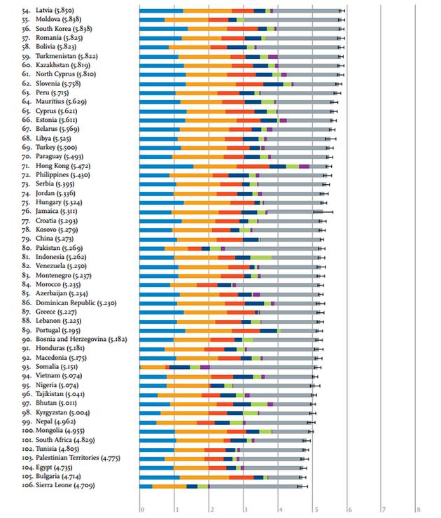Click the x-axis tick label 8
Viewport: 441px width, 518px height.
pos(418,509)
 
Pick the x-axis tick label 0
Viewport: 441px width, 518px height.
pos(142,509)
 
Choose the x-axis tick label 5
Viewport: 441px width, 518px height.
pos(315,509)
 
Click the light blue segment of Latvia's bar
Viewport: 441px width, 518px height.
pos(161,11)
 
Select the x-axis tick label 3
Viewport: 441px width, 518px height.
pos(246,509)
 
